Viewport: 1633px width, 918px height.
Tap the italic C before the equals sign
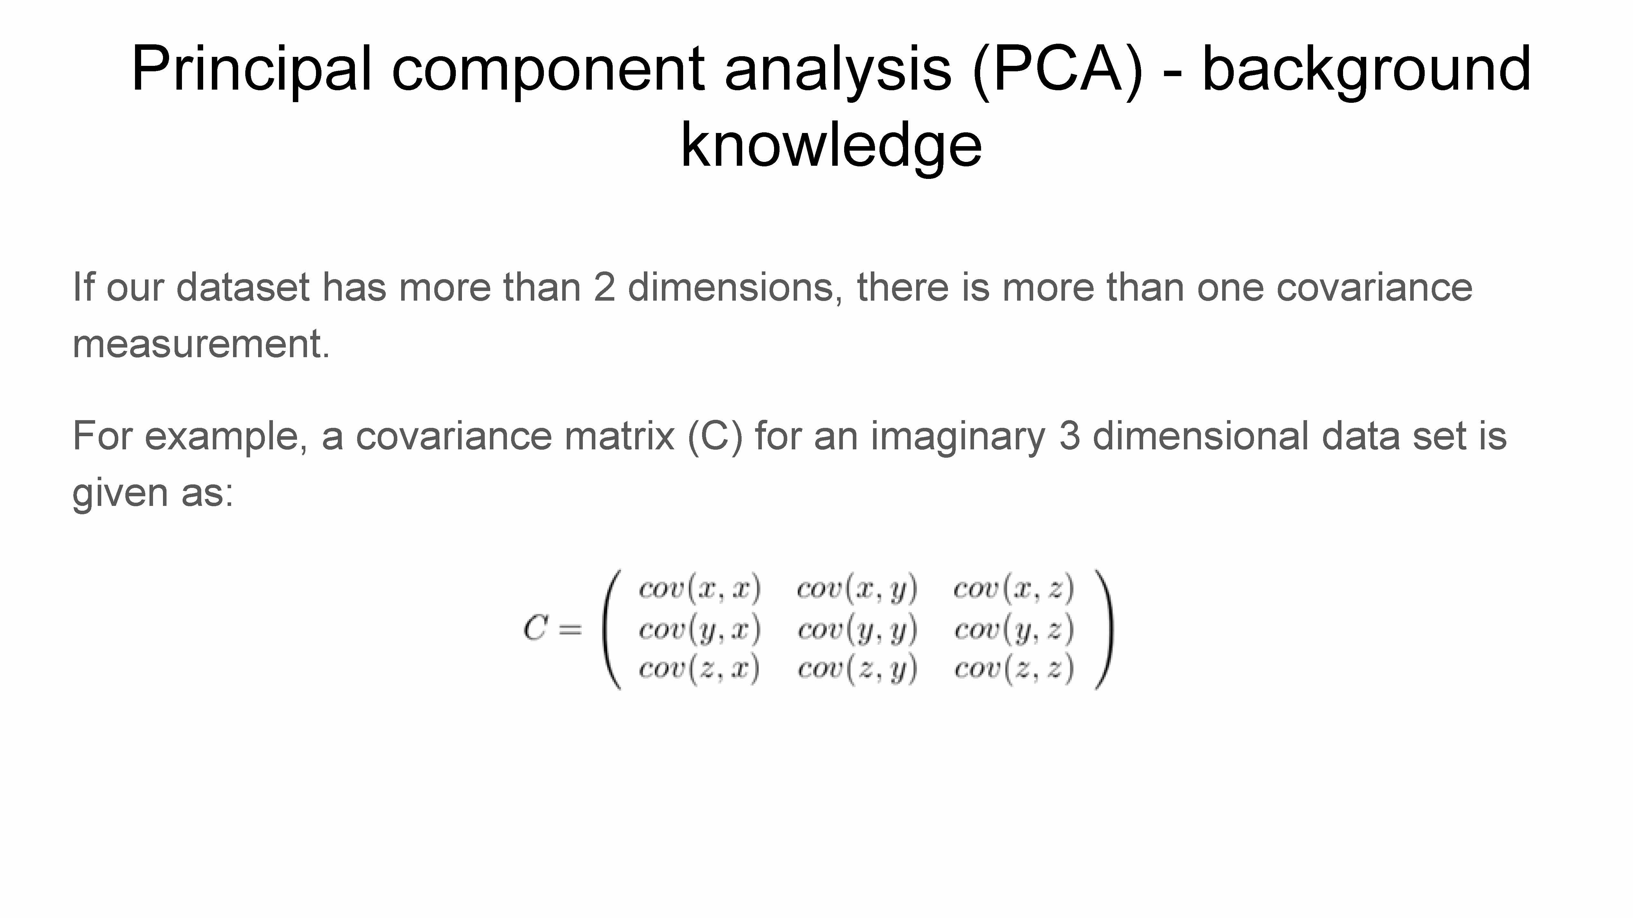tap(536, 629)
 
